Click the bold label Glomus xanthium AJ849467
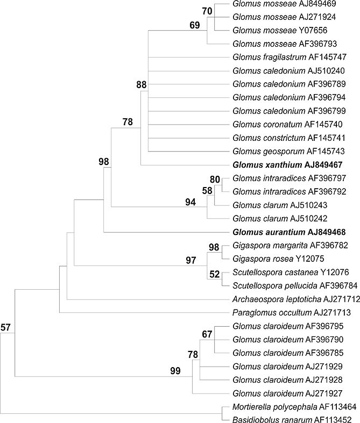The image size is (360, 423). [x=287, y=164]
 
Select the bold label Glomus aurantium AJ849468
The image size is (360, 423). [x=289, y=232]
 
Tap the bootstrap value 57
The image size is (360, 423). [x=5, y=327]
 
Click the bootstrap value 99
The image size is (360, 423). [x=175, y=371]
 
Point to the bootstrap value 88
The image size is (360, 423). [x=141, y=85]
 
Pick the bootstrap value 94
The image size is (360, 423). [x=190, y=202]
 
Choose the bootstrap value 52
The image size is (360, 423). [x=214, y=274]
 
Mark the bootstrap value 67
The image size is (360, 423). [x=207, y=334]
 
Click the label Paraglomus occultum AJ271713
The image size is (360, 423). [x=292, y=313]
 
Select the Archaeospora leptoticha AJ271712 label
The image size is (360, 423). [x=297, y=299]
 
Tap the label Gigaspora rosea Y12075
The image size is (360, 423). [x=278, y=259]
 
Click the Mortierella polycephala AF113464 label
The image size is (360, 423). [x=294, y=406]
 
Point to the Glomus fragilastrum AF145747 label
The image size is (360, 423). [x=290, y=57]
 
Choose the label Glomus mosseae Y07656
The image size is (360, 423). [x=280, y=30]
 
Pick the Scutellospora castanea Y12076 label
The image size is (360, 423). [x=291, y=272]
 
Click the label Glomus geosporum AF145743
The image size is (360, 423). [x=288, y=151]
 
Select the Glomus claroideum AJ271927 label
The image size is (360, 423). [x=287, y=393]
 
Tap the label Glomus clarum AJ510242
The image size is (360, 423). [x=280, y=218]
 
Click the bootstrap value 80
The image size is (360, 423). [x=215, y=180]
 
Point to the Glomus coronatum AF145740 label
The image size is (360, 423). [x=287, y=124]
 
